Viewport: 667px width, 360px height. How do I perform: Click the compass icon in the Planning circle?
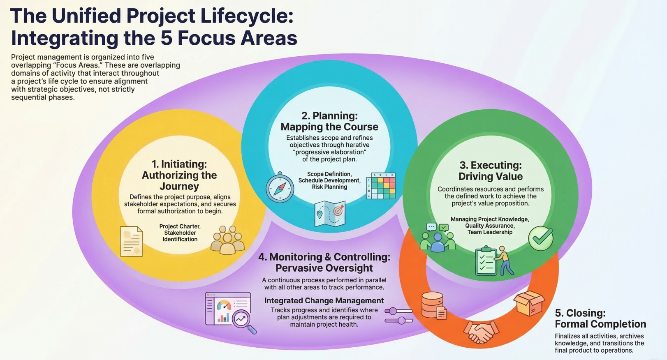pyautogui.click(x=280, y=188)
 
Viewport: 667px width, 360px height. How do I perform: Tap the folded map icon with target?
pyautogui.click(x=329, y=214)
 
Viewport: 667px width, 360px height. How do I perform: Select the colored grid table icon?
pyautogui.click(x=381, y=186)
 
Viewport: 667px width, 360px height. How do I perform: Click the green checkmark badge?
pyautogui.click(x=541, y=238)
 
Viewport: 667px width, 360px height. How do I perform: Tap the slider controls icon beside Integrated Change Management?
pyautogui.click(x=398, y=316)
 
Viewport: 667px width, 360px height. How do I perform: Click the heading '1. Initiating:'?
pyautogui.click(x=179, y=164)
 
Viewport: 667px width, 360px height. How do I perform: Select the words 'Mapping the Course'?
pyautogui.click(x=329, y=127)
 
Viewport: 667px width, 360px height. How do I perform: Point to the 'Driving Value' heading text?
pyautogui.click(x=491, y=176)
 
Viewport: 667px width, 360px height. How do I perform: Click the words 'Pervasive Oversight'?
pyautogui.click(x=324, y=268)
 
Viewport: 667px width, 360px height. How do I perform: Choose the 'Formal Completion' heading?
pyautogui.click(x=600, y=324)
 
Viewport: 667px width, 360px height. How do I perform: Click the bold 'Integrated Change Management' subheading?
pyautogui.click(x=324, y=300)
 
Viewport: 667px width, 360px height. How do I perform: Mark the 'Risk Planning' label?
pyautogui.click(x=329, y=187)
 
